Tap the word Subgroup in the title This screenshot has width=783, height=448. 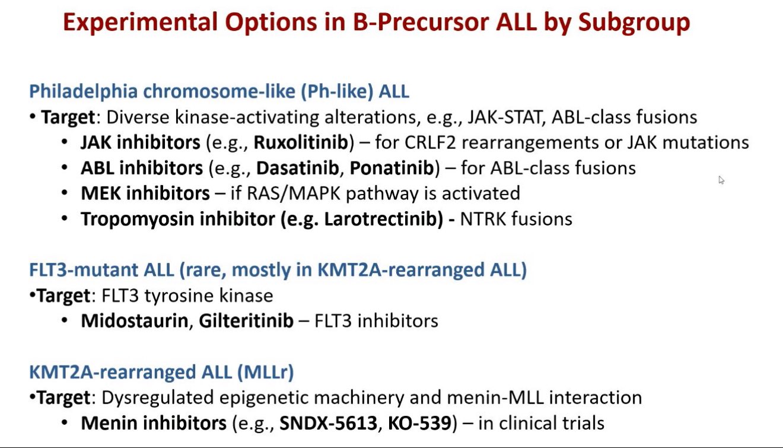(634, 23)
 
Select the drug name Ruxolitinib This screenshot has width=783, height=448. (301, 142)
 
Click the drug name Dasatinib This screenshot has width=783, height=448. (297, 168)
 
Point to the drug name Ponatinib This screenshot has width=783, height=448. (392, 168)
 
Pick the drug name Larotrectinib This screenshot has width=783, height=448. (383, 219)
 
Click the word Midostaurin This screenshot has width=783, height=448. (135, 320)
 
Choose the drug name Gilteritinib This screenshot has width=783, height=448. (246, 320)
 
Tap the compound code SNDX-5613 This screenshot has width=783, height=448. (328, 423)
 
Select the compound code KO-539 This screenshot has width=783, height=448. (419, 423)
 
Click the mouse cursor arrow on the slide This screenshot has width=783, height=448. (721, 180)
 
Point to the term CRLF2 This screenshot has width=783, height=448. (430, 142)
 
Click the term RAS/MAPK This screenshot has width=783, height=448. (294, 193)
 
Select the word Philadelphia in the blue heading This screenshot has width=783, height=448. (84, 91)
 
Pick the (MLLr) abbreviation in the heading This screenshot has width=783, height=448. (266, 372)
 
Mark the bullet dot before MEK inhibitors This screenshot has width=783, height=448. (64, 193)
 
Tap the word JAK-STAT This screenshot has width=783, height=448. (504, 117)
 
